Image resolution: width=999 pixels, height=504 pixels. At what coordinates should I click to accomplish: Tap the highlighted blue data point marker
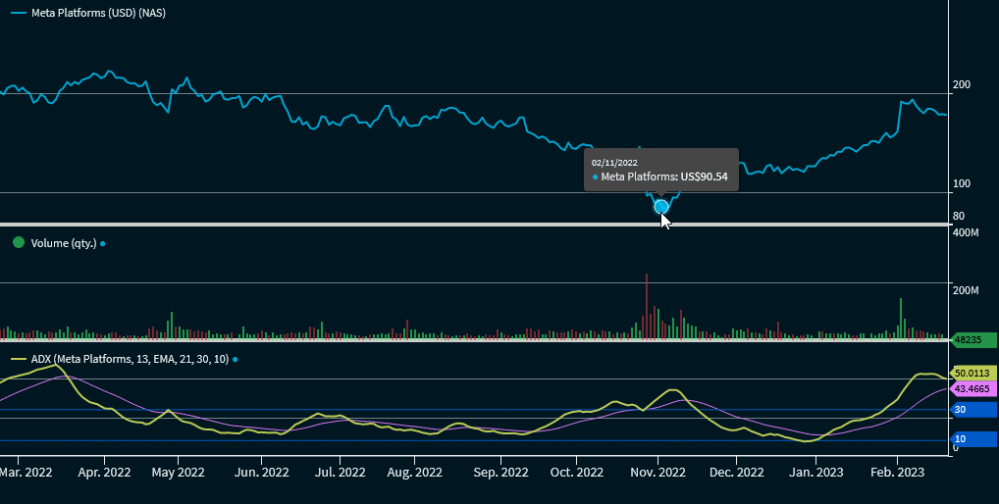[661, 206]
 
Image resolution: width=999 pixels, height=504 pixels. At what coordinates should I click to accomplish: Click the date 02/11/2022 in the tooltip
[614, 162]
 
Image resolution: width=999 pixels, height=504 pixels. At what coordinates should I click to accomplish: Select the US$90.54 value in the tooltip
[704, 177]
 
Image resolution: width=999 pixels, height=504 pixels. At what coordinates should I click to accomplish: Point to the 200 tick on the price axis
[962, 85]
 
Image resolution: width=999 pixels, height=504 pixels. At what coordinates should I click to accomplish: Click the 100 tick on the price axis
[962, 184]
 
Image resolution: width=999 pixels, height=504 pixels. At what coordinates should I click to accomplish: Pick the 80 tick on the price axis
[959, 216]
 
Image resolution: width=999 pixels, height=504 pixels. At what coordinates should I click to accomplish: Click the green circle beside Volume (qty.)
[18, 242]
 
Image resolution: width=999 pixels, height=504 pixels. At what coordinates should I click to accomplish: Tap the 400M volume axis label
[967, 232]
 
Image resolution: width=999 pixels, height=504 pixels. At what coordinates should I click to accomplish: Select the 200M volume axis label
[967, 291]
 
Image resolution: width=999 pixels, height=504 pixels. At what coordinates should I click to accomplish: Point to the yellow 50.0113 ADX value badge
[973, 374]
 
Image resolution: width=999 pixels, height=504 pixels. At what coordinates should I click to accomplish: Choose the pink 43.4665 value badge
[973, 389]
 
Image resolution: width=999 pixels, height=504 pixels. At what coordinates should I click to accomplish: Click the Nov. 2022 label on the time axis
[657, 472]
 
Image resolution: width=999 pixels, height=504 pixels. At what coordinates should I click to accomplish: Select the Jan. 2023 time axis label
[816, 472]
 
